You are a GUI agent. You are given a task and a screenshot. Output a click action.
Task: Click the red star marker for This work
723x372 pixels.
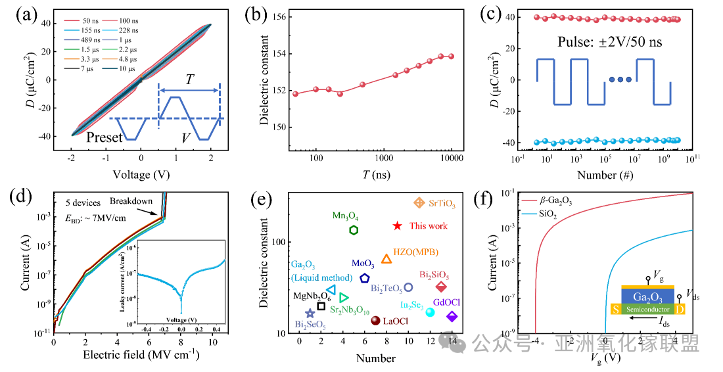[397, 225]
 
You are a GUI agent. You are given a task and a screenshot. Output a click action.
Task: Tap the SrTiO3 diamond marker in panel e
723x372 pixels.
[419, 203]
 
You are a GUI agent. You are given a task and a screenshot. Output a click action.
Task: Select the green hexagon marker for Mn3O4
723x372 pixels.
[354, 229]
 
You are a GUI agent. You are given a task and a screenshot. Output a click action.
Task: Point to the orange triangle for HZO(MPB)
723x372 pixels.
[386, 259]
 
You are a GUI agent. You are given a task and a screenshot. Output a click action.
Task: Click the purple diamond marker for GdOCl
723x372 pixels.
[452, 316]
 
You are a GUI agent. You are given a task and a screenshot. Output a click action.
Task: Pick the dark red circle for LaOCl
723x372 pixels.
[375, 321]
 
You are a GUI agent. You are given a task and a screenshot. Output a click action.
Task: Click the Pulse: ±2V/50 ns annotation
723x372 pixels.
[611, 41]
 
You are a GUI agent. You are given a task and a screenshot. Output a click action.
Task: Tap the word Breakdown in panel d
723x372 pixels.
[132, 200]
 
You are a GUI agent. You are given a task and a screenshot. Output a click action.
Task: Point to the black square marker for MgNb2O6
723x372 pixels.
[321, 306]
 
